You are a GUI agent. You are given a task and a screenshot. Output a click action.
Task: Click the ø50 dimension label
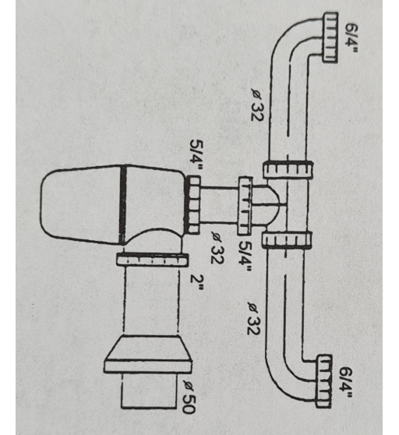(189, 397)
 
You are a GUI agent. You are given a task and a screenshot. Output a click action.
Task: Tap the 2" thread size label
(196, 283)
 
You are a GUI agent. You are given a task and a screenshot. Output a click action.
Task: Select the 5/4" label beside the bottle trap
(196, 156)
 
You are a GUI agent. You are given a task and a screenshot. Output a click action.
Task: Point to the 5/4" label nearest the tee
(245, 256)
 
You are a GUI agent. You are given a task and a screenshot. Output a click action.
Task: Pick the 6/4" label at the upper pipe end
(351, 38)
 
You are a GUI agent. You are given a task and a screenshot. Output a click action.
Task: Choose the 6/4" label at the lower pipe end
(345, 383)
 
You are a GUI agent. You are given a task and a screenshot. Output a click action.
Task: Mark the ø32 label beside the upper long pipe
(256, 105)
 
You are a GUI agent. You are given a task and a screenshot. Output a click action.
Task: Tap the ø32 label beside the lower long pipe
(253, 319)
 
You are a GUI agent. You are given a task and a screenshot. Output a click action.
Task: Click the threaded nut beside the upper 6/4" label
(330, 37)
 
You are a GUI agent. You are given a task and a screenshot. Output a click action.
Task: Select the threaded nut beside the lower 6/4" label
(323, 381)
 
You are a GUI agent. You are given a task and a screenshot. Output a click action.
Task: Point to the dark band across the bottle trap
(122, 205)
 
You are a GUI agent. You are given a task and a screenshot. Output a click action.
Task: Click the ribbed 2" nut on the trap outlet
(152, 260)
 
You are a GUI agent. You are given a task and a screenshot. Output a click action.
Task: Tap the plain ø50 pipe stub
(149, 391)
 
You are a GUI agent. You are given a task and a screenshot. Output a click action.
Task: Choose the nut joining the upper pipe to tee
(288, 169)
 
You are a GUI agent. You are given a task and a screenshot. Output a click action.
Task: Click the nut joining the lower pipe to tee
(287, 240)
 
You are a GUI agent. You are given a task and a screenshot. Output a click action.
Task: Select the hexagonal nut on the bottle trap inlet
(192, 205)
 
